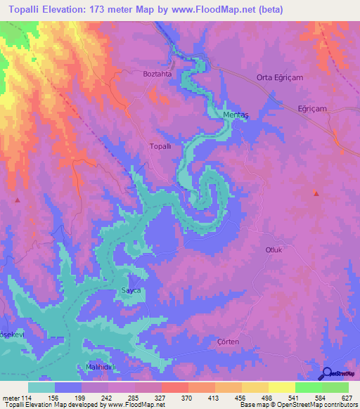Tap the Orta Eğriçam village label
tap(279, 78)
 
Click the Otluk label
tap(274, 249)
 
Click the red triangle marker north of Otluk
tap(316, 194)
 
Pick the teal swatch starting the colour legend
tap(41, 387)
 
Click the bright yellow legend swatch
tap(281, 387)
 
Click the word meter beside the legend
tap(11, 397)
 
